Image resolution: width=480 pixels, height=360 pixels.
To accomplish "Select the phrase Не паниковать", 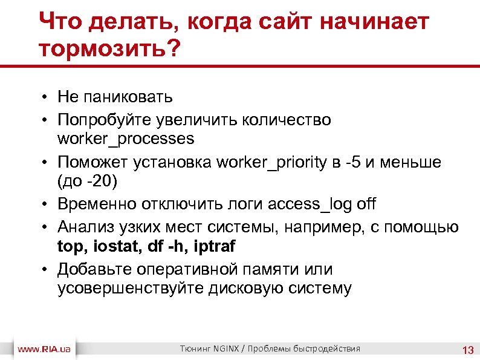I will coord(115,96).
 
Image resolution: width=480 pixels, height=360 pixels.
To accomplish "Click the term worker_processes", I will coord(126,139).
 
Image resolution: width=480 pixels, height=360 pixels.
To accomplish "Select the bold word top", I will coord(71,246).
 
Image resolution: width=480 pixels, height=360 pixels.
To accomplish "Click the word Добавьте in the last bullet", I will coord(97,269).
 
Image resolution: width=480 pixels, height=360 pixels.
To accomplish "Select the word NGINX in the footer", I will coord(226,349).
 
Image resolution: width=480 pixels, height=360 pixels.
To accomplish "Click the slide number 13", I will coord(467,350).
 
